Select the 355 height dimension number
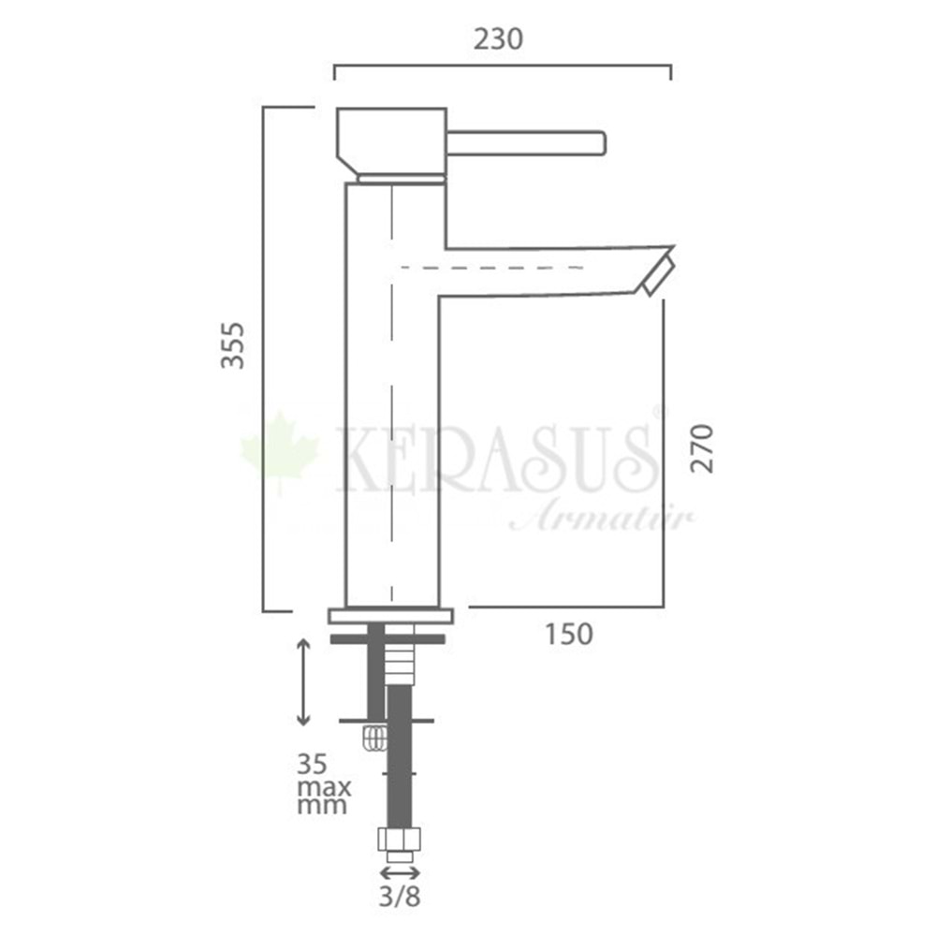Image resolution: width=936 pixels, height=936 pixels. pyautogui.click(x=233, y=344)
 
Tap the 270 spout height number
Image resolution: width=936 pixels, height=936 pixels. pyautogui.click(x=703, y=447)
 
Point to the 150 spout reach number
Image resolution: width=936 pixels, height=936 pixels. pyautogui.click(x=568, y=634)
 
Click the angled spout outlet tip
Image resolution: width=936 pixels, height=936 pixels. pyautogui.click(x=658, y=272)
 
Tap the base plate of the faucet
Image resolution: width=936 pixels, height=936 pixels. pyautogui.click(x=390, y=615)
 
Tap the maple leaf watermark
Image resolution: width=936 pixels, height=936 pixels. pyautogui.click(x=280, y=452)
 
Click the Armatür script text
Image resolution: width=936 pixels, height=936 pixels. pyautogui.click(x=599, y=517)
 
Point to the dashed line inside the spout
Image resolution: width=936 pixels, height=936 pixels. pyautogui.click(x=492, y=268)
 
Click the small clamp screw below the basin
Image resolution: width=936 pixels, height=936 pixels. pyautogui.click(x=374, y=739)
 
